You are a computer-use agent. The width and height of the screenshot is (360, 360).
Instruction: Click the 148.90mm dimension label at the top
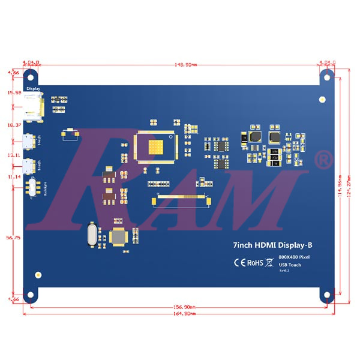pos(178,64)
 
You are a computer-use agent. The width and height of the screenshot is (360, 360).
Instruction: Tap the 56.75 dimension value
pos(13,238)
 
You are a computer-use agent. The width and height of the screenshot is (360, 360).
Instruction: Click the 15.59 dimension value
pos(13,93)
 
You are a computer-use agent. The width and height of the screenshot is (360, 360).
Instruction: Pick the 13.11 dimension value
pos(13,155)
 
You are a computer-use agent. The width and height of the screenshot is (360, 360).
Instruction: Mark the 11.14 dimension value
pos(13,178)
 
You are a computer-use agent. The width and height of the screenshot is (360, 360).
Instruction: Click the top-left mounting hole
pos(33,76)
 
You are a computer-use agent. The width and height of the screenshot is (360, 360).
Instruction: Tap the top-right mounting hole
pos(326,76)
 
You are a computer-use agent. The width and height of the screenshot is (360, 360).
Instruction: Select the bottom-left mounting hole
pos(33,296)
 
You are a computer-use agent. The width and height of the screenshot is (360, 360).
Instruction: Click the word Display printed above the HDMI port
pos(33,88)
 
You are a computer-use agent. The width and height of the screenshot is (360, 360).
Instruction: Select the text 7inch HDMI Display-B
pos(273,245)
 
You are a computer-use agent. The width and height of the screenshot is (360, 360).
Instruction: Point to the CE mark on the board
pos(239,262)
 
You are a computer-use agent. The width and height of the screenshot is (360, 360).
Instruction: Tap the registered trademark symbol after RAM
pos(323,160)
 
